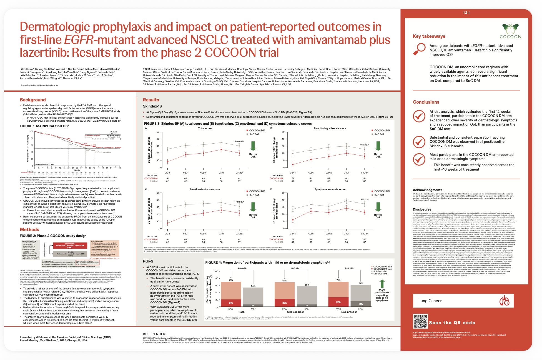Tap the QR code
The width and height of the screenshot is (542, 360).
click(x=420, y=322)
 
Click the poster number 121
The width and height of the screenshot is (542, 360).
click(x=466, y=12)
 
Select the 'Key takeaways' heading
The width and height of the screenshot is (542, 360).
click(x=429, y=36)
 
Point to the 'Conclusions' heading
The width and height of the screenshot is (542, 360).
click(x=426, y=102)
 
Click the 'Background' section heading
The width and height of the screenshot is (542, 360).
click(x=33, y=100)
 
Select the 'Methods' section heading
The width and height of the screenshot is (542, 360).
click(x=29, y=229)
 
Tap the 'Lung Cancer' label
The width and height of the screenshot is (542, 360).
click(x=430, y=301)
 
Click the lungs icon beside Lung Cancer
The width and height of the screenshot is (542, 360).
click(x=504, y=301)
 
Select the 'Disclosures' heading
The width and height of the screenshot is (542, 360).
click(x=422, y=209)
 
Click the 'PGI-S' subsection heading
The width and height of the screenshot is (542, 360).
click(x=148, y=261)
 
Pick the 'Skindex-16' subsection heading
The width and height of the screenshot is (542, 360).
click(x=152, y=106)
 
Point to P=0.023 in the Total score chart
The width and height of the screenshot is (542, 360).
click(x=239, y=141)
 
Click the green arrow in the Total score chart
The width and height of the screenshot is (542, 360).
click(x=253, y=146)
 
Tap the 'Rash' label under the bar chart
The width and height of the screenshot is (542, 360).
click(x=242, y=312)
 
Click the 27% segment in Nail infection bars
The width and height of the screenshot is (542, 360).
click(x=338, y=302)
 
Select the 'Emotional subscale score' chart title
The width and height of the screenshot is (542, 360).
click(x=205, y=189)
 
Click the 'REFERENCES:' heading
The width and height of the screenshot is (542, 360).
click(x=154, y=334)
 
